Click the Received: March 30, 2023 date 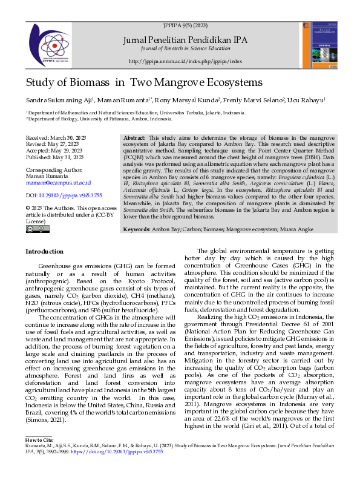pyautogui.click(x=56, y=139)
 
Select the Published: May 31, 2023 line pyautogui.click(x=54, y=157)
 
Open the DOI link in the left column pyautogui.click(x=64, y=196)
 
